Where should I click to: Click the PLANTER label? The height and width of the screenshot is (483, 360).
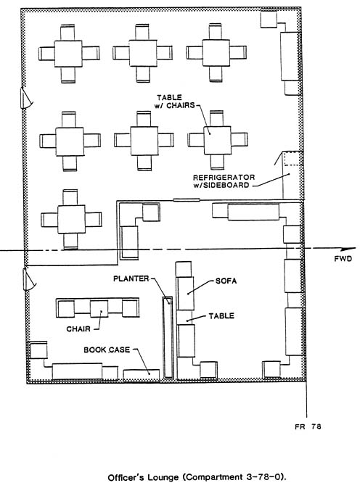131,278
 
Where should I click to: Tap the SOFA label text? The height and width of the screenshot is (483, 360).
226,281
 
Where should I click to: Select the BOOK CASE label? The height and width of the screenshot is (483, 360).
107,350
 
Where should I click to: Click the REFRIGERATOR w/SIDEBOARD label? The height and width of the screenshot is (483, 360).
224,181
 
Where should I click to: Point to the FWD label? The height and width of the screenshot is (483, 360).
343,258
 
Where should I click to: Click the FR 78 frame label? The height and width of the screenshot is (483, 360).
308,426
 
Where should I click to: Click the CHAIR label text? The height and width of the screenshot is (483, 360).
78,329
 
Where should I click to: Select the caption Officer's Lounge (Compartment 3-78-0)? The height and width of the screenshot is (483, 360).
197,477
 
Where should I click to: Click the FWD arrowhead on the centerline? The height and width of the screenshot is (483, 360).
349,249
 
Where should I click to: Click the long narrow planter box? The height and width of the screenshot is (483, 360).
168,337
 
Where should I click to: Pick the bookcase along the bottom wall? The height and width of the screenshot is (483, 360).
142,374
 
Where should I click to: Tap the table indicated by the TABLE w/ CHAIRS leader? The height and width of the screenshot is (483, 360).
217,140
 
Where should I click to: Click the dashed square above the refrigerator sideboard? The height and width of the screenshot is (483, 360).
292,158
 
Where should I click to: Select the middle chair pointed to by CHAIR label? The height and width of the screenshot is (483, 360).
99,309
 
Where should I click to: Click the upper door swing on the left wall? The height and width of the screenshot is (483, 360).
26,98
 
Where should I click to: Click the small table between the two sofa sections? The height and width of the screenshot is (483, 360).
185,317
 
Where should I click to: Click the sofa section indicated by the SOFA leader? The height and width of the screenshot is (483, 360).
185,293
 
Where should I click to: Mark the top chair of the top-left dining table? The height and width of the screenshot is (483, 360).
67,33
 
